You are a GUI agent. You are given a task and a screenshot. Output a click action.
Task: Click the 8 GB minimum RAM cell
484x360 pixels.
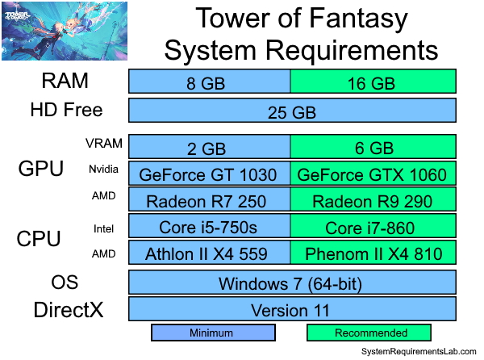pos(210,82)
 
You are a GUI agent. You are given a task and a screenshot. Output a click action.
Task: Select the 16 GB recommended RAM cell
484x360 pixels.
pos(373,82)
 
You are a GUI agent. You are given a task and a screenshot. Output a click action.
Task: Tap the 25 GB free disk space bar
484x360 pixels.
pos(292,111)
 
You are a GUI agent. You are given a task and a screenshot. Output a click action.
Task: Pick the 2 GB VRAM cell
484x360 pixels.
pos(210,147)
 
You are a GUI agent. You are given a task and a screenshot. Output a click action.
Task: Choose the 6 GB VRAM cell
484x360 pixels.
pos(373,147)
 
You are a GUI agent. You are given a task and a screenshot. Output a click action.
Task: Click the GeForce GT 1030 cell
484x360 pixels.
pos(210,174)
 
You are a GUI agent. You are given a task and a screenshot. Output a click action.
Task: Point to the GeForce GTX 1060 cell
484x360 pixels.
pos(373,174)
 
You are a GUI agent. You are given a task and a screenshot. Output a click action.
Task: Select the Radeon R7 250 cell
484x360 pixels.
pos(210,200)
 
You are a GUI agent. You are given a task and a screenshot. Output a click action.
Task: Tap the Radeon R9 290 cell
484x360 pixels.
pos(373,200)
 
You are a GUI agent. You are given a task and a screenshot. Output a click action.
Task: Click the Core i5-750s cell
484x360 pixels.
pos(210,227)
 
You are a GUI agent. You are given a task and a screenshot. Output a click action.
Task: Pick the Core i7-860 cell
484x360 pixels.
pos(373,227)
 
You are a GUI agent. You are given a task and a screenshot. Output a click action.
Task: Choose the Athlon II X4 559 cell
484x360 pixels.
pos(210,253)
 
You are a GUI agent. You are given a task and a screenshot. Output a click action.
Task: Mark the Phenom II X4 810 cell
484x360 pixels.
pos(373,253)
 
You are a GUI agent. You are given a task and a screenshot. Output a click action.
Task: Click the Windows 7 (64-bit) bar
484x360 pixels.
pos(292,283)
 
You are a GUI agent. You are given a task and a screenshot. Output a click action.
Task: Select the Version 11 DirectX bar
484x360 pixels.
pos(292,310)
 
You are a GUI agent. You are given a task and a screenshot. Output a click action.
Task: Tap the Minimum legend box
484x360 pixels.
pos(213,333)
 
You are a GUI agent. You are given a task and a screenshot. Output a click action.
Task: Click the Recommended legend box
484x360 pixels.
pos(370,333)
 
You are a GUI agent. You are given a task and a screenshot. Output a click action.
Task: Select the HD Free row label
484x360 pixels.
pos(66,110)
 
